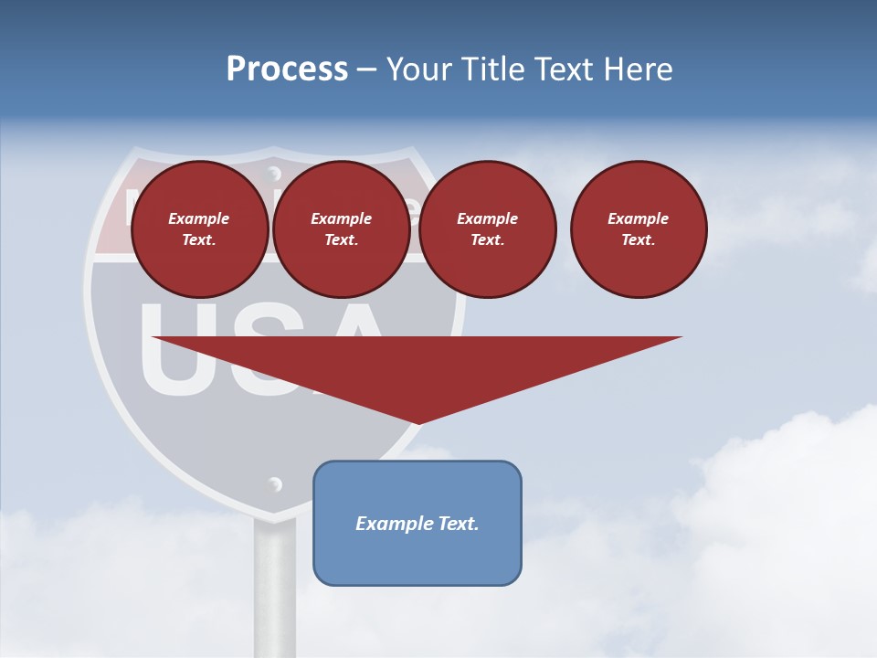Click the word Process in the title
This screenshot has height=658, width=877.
coord(287,69)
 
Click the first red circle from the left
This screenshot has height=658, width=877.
coord(199,229)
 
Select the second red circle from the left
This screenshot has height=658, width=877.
coord(341,229)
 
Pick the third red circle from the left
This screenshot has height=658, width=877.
coord(487,229)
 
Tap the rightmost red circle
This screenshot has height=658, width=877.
coord(638,229)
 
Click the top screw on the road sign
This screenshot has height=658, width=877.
coord(273,171)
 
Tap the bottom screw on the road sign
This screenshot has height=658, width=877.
coord(274,484)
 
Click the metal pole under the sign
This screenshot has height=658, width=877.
coord(274,585)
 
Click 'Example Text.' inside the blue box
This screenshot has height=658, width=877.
coord(417,524)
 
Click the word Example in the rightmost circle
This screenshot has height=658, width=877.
coord(638,218)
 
